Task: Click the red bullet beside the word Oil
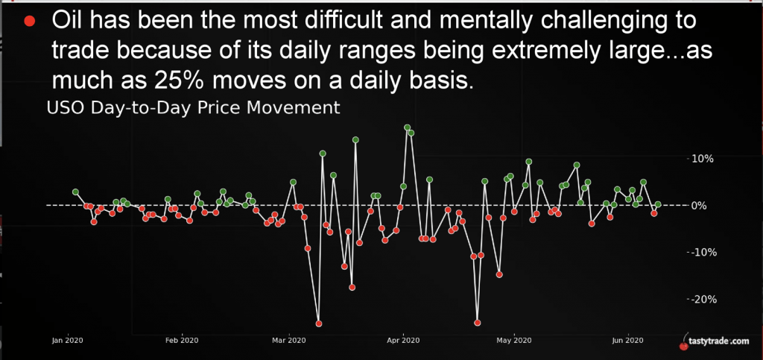[x=30, y=22]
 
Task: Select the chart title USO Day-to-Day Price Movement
[x=193, y=108]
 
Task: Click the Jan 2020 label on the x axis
[x=67, y=340]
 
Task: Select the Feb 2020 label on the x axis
[x=182, y=340]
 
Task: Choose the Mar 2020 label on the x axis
[x=289, y=340]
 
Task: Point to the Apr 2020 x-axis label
[x=403, y=340]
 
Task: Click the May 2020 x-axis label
[x=514, y=340]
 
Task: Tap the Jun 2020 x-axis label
[x=629, y=340]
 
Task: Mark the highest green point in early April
[x=408, y=127]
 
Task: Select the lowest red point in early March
[x=319, y=323]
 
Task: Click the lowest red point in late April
[x=478, y=323]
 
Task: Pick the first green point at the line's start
[x=75, y=192]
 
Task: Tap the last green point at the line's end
[x=658, y=205]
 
